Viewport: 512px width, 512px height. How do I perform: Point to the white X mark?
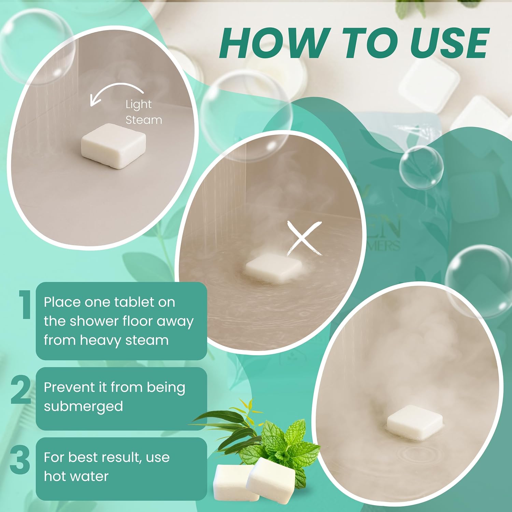304,238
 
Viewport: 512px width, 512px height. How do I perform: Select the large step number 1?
25,305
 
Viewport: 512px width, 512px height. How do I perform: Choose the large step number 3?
20,459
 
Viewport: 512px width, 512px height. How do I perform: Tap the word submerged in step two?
83,406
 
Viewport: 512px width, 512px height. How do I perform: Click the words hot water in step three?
76,476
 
